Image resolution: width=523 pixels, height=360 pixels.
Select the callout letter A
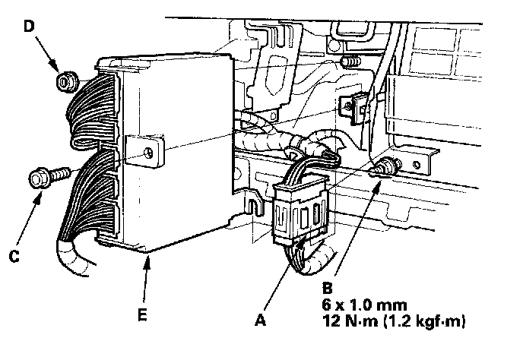(261, 321)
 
